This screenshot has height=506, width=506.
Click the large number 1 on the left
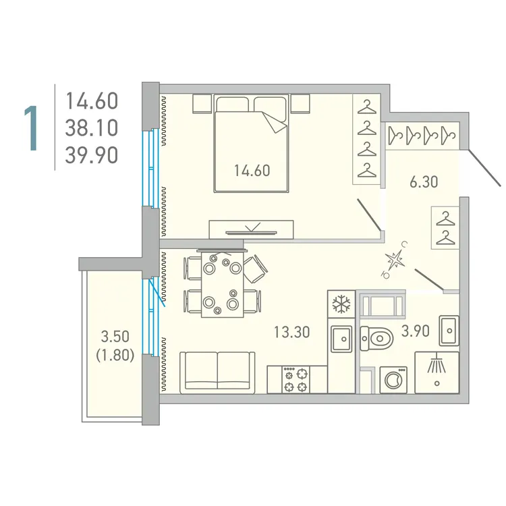[30, 128]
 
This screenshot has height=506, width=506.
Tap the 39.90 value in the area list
[91, 156]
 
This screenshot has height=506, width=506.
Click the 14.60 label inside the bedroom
[252, 171]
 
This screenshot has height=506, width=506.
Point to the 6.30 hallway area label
[424, 181]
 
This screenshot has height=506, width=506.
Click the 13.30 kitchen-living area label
[291, 331]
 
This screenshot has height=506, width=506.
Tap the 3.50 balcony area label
[115, 336]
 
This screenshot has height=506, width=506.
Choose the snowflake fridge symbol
[341, 305]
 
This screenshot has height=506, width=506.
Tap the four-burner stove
[296, 378]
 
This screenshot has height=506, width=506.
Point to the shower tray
[437, 372]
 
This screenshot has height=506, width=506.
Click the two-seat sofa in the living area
[217, 370]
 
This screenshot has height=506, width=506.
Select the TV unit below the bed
[252, 229]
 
